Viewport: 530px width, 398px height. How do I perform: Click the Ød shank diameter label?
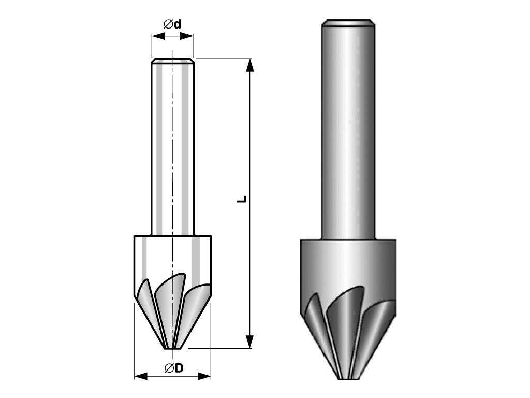pos(172,24)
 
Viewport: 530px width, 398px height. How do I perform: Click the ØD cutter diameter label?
pos(174,367)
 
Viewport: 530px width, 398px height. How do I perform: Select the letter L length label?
pos(241,199)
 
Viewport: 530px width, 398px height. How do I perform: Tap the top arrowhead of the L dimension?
pos(250,65)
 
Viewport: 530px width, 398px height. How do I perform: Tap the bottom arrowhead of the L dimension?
pos(250,342)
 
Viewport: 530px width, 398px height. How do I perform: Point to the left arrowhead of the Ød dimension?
pos(158,36)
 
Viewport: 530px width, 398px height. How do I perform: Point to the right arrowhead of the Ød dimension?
pos(187,36)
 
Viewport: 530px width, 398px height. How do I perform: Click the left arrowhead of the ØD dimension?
pos(141,376)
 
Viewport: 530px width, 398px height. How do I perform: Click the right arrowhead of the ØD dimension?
pos(204,376)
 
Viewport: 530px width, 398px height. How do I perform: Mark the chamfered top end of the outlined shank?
pos(173,61)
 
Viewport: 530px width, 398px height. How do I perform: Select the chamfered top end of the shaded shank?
pos(348,22)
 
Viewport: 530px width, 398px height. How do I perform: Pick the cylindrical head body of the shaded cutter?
pos(348,267)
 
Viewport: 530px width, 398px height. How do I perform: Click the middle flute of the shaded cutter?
pos(344,321)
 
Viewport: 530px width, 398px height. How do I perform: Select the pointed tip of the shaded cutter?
pos(348,378)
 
